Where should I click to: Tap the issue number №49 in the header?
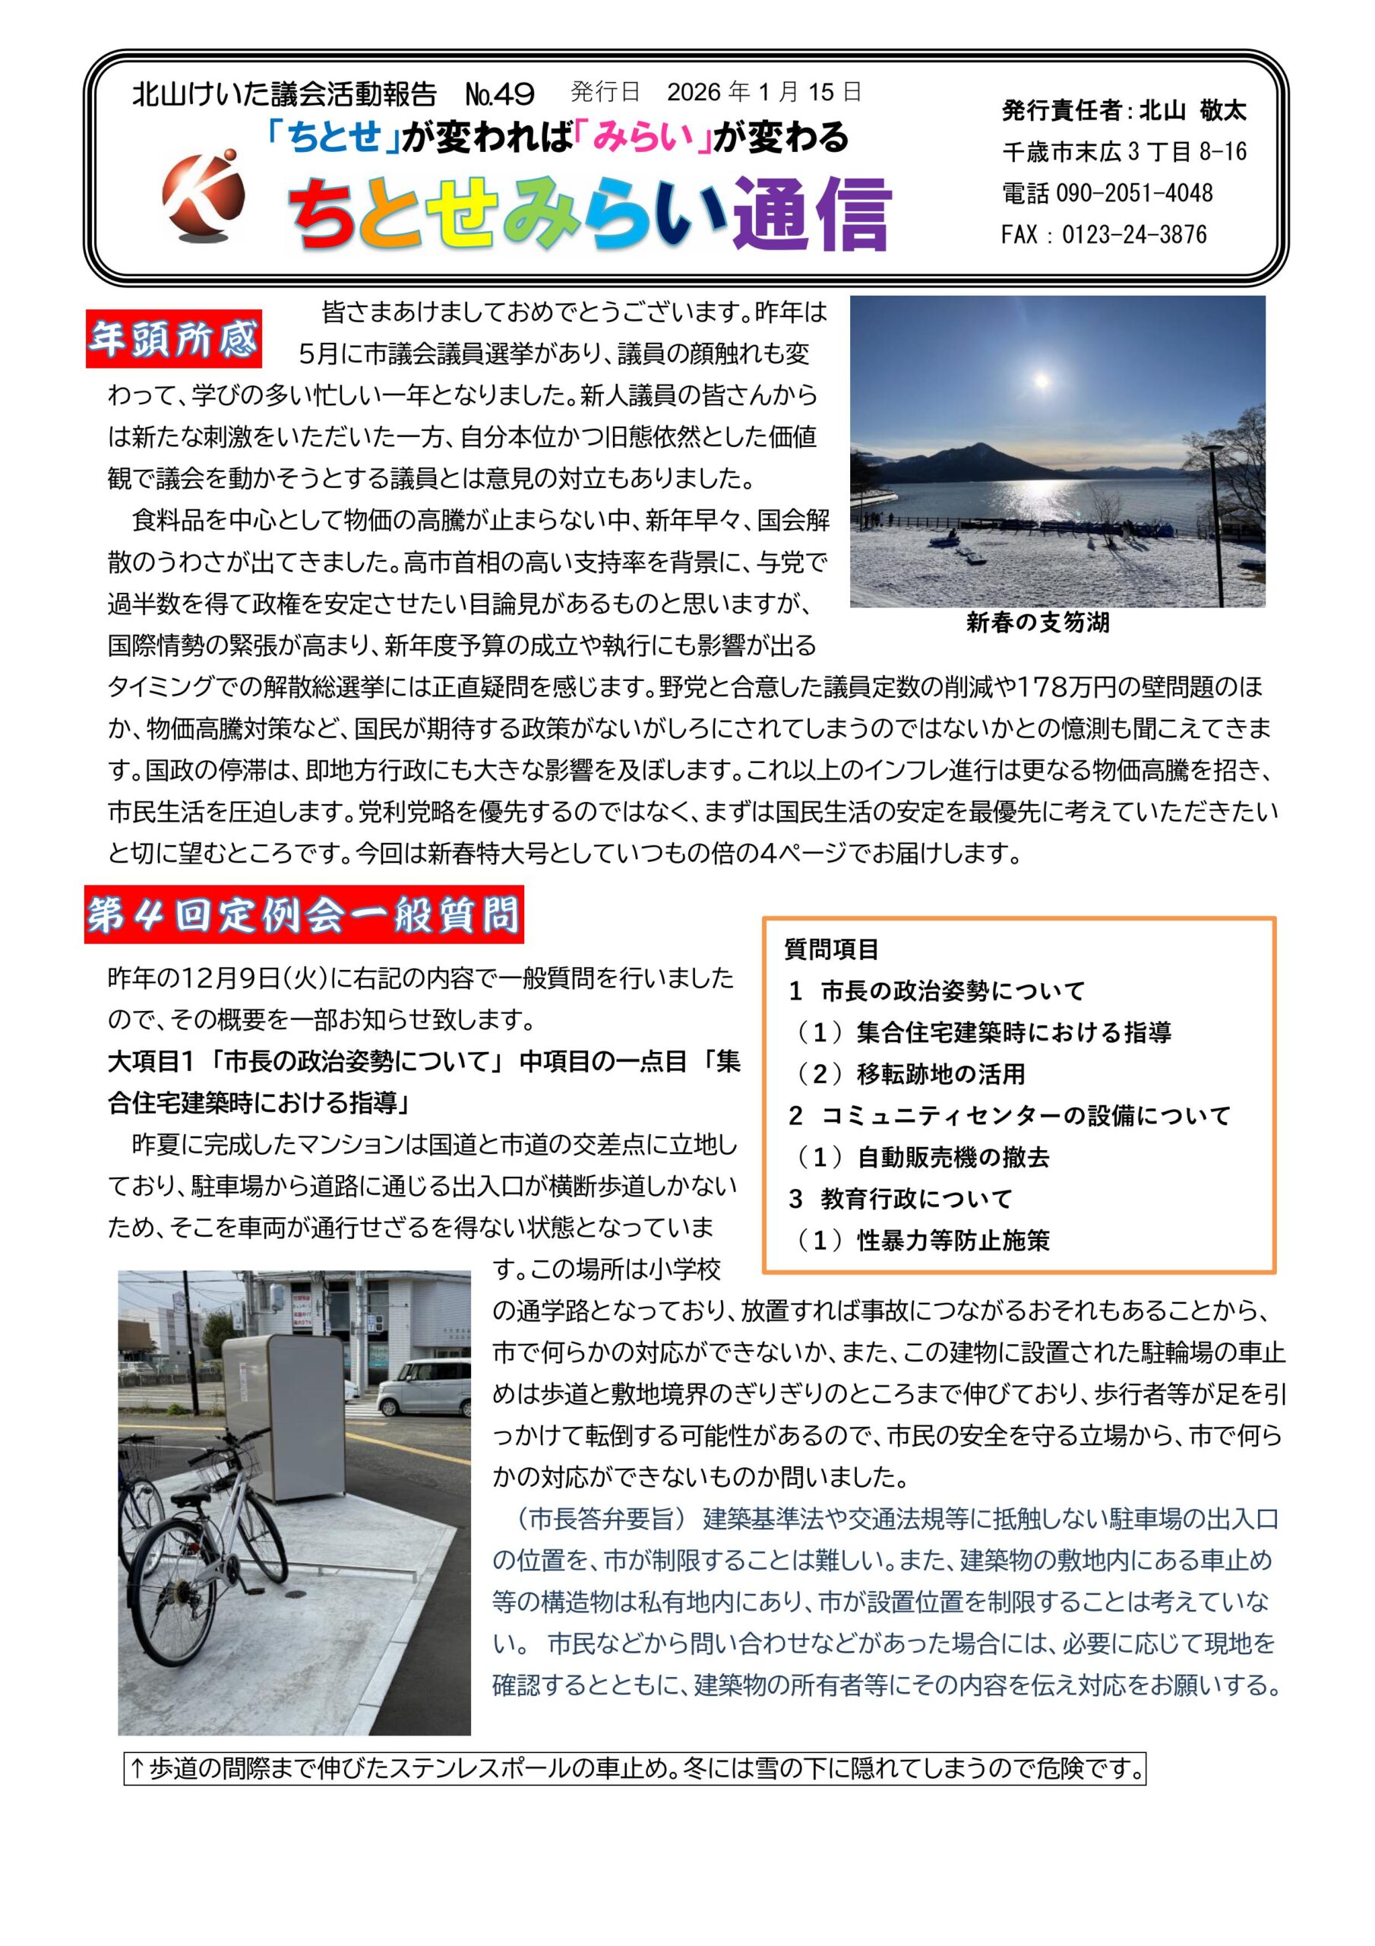click(500, 94)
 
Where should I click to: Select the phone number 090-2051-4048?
click(1133, 193)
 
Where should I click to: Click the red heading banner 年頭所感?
click(174, 339)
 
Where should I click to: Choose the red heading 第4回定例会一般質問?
click(303, 915)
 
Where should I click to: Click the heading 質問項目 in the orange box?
click(831, 949)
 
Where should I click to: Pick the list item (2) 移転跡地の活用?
click(910, 1074)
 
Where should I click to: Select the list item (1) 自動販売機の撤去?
click(921, 1157)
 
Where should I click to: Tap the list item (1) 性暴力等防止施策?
click(921, 1241)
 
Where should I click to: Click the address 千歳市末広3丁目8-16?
click(1124, 152)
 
